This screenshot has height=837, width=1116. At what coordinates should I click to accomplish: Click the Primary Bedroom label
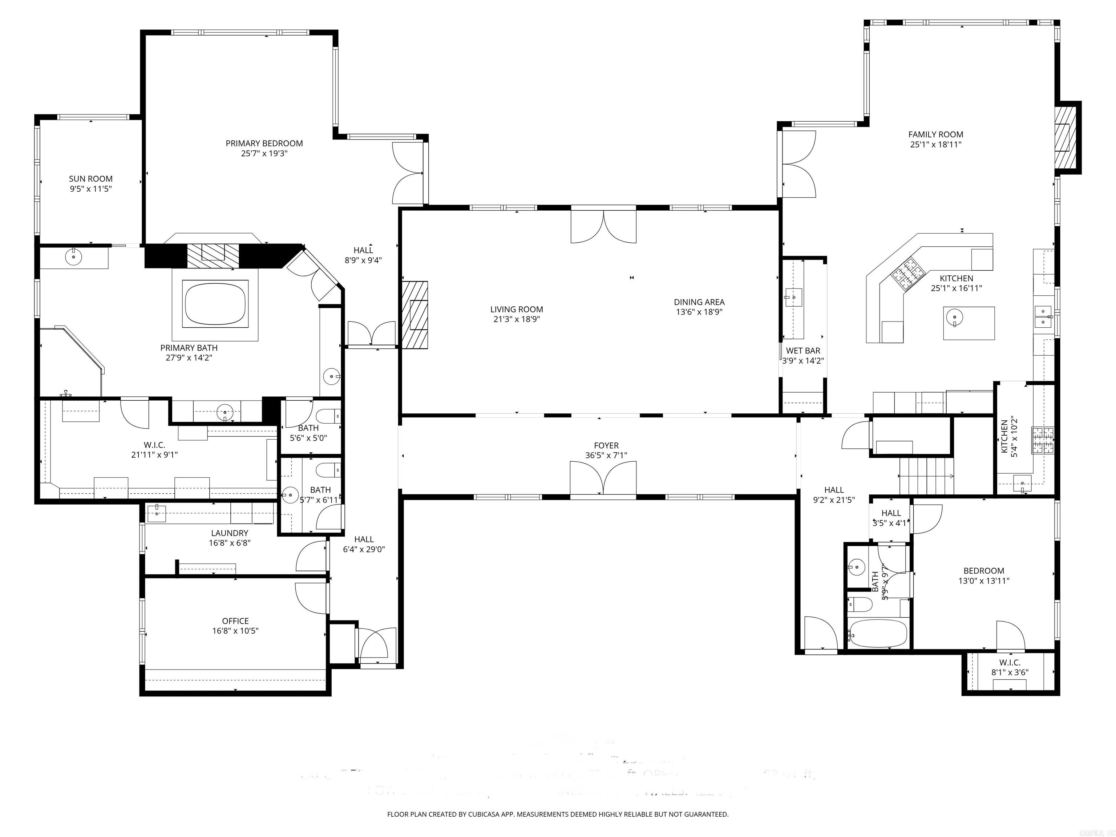click(x=264, y=143)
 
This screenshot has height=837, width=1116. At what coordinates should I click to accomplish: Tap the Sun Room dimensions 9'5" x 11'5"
click(x=90, y=189)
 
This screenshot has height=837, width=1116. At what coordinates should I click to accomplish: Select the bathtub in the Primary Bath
click(x=215, y=304)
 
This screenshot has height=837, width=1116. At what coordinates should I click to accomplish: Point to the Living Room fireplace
click(x=415, y=314)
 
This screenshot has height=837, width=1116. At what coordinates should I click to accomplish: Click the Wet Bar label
click(x=803, y=351)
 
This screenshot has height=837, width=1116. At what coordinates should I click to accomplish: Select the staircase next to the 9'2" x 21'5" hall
click(x=927, y=476)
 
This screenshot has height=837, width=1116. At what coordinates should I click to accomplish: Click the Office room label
click(x=235, y=621)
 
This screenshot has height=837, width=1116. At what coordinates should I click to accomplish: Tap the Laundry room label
click(x=230, y=533)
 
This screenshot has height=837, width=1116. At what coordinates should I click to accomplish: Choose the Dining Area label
click(x=699, y=302)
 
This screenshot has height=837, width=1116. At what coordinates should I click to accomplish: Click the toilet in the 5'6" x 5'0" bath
click(x=328, y=416)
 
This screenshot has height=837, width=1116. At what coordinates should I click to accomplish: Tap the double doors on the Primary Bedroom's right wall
click(x=409, y=173)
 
